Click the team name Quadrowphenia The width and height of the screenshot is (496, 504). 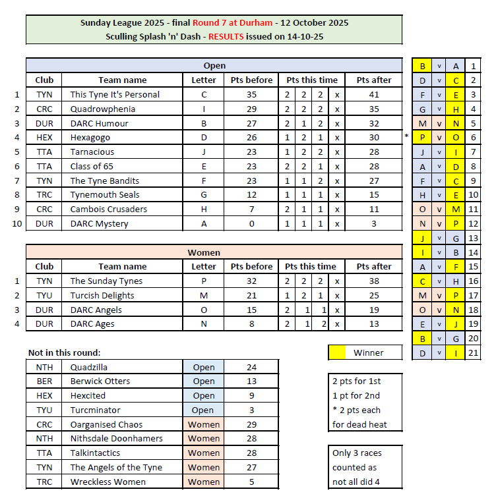[103, 109]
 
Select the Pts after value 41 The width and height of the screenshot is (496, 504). [374, 94]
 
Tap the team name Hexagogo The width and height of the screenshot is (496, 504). [90, 137]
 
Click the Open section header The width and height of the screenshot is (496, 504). [214, 65]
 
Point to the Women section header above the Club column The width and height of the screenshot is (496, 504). [214, 252]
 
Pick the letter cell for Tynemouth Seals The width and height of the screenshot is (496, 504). [203, 195]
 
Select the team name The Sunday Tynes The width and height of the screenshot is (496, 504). [106, 281]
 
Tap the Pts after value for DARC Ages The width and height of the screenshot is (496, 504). [374, 324]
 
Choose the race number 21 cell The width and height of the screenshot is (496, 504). [473, 354]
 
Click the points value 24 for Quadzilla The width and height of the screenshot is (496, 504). [251, 367]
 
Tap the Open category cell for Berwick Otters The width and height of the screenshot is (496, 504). [203, 381]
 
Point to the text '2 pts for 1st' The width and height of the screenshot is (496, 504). [357, 381]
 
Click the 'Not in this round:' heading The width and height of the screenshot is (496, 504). [64, 352]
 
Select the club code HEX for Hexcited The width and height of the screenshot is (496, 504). [44, 396]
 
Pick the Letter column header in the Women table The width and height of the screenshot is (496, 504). [203, 267]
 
